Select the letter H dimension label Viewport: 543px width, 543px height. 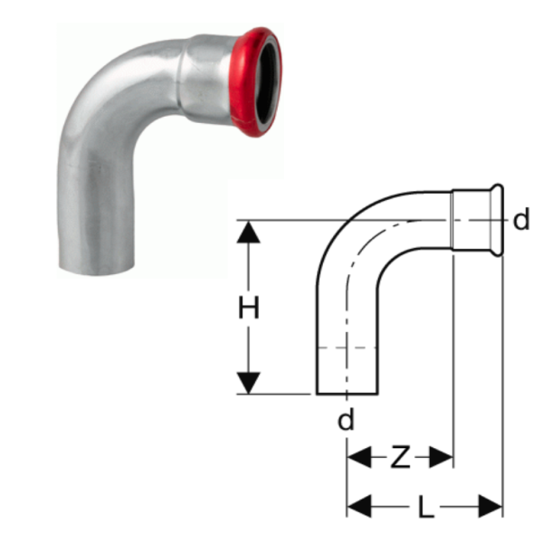pos(249,309)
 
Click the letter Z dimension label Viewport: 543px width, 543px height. pos(400,457)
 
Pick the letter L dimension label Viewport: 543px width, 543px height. pos(425,507)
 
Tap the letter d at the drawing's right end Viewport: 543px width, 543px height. pos(521,220)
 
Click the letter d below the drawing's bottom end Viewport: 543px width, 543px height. pos(347,419)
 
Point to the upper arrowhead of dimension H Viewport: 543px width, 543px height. pos(248,233)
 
